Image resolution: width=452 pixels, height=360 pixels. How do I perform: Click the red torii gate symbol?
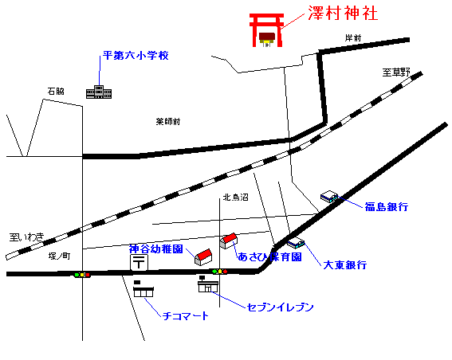(266, 29)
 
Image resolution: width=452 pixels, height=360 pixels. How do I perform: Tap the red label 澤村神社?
(343, 14)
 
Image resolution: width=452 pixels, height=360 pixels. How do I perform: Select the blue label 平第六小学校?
(136, 55)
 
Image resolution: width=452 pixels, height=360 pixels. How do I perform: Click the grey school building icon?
(99, 92)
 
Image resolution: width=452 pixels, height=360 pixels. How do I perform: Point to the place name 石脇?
(56, 92)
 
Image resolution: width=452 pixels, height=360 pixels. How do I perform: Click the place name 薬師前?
(168, 122)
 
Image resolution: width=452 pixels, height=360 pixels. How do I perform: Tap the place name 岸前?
(353, 37)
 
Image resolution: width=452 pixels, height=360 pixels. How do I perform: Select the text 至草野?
(396, 72)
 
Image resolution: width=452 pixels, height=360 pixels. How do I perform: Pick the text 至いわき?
(27, 237)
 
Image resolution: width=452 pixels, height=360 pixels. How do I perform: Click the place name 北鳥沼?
(235, 198)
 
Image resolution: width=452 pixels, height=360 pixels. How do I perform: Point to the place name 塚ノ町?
(59, 256)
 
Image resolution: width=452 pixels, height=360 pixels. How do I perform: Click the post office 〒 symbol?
(140, 262)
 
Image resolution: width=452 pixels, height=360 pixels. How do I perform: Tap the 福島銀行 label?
(387, 207)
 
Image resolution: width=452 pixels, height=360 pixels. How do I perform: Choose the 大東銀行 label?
(345, 265)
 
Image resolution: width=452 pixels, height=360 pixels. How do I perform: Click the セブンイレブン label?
(281, 307)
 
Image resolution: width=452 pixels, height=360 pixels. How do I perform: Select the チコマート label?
(186, 316)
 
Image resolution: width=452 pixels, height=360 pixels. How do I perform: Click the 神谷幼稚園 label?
(156, 248)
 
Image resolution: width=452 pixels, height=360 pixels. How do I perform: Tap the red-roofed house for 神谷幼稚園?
(203, 257)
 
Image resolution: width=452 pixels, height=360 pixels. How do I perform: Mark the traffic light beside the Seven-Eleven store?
(220, 272)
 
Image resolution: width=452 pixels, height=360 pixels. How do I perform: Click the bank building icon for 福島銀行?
(329, 197)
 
